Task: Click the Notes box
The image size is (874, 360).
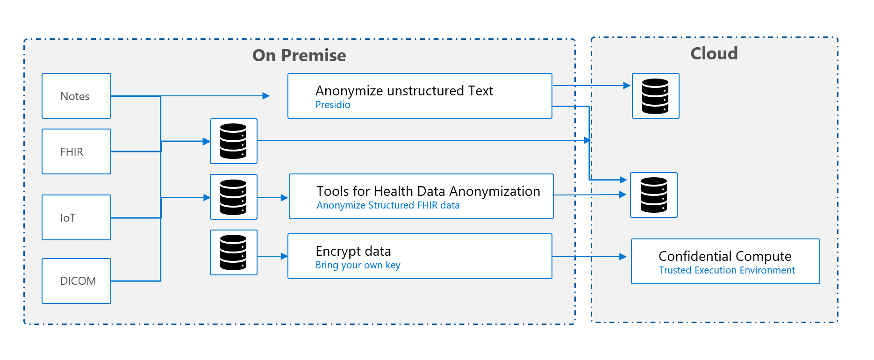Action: [76, 96]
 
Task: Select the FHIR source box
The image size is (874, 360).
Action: [76, 151]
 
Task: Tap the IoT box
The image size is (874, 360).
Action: [76, 217]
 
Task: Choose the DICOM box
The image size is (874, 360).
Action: [76, 281]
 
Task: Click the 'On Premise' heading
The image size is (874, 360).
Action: [299, 56]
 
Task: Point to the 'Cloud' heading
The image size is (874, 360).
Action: [714, 54]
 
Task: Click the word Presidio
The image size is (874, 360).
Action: [332, 105]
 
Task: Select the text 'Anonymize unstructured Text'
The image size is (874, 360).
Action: [404, 91]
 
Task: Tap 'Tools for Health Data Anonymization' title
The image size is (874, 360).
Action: [428, 191]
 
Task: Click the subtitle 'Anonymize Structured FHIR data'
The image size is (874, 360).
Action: [387, 205]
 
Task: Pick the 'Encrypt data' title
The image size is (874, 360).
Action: [353, 251]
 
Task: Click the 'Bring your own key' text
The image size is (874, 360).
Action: [358, 265]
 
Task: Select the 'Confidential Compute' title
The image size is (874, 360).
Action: [724, 256]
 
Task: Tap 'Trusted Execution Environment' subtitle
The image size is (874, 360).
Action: [726, 270]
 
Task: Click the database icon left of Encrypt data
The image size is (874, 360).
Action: [233, 252]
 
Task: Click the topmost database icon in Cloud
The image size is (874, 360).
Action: [655, 96]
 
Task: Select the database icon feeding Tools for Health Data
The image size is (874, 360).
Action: [233, 197]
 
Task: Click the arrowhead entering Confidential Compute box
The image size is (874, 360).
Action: [623, 257]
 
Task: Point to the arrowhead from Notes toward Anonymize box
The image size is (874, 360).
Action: [266, 96]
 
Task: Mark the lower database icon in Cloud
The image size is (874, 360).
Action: [653, 195]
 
